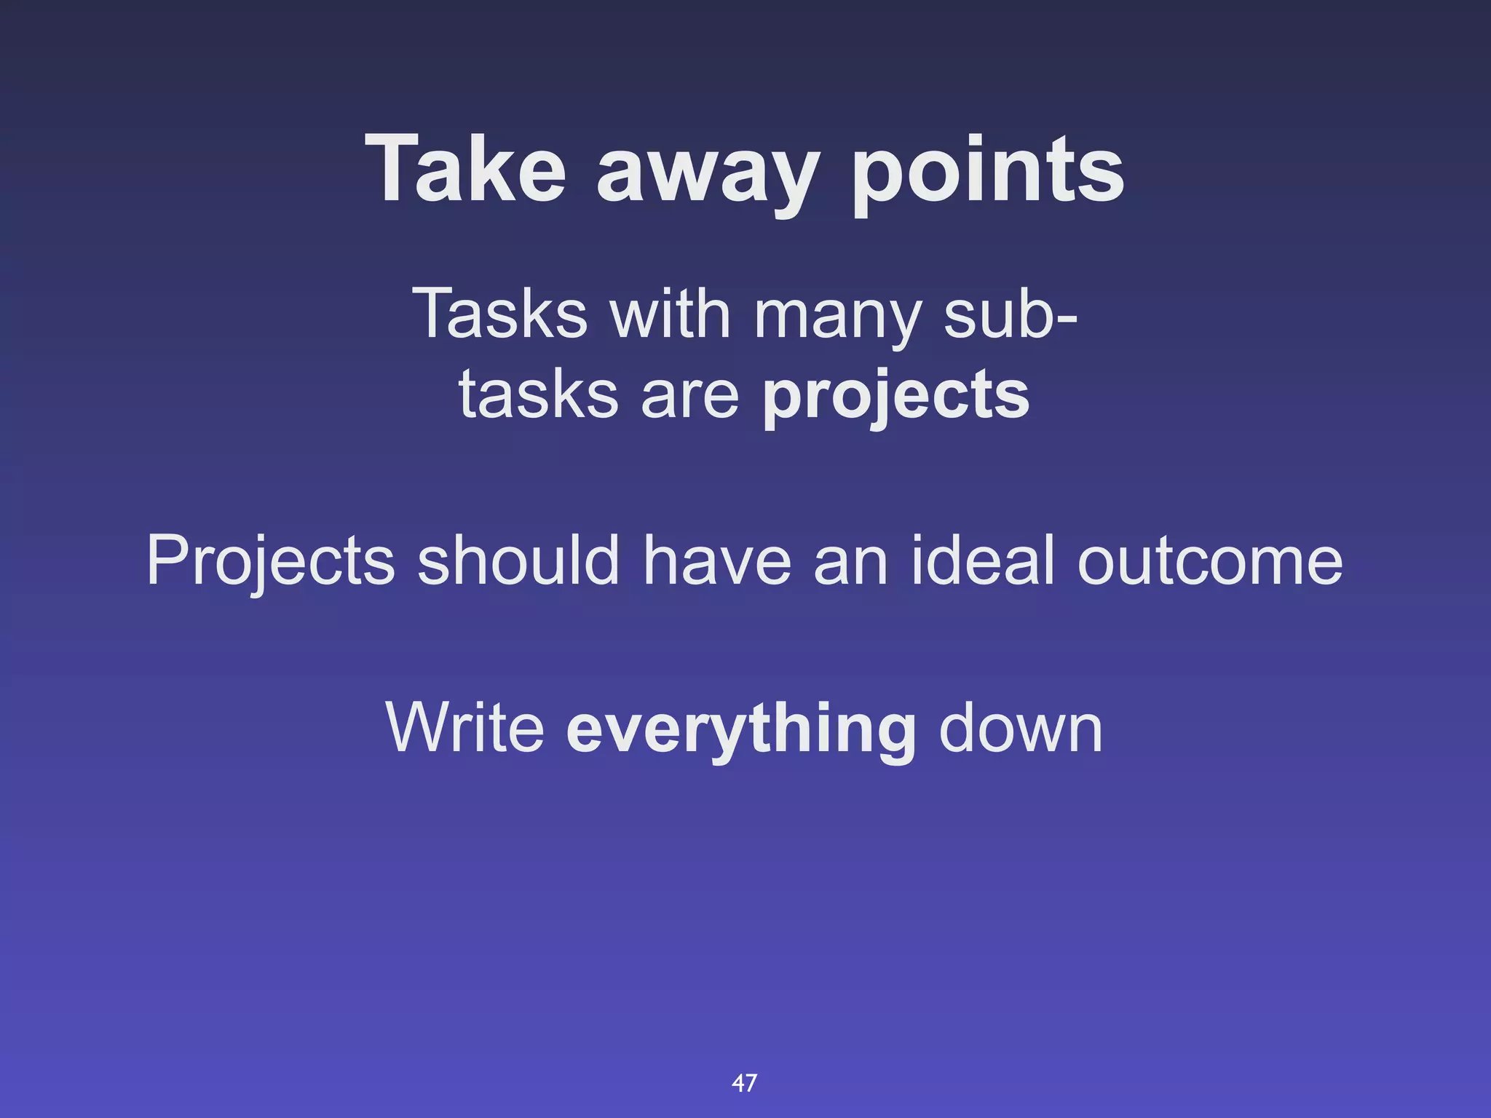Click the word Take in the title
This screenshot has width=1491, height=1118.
465,169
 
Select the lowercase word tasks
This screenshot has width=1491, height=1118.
538,395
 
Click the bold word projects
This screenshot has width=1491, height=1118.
895,397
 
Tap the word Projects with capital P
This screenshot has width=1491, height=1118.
270,562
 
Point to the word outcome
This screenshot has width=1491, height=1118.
1209,562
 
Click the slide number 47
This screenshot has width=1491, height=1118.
744,1083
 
